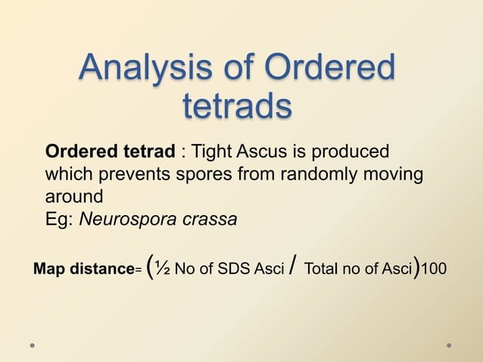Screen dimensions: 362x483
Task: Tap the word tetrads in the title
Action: tap(237, 106)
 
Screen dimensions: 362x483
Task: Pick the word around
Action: tap(73, 197)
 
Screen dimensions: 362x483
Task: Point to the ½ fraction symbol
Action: tap(164, 268)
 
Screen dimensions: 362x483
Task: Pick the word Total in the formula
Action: tap(322, 269)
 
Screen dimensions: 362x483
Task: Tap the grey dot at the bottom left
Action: tap(33, 345)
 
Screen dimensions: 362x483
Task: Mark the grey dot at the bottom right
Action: tap(449, 345)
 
